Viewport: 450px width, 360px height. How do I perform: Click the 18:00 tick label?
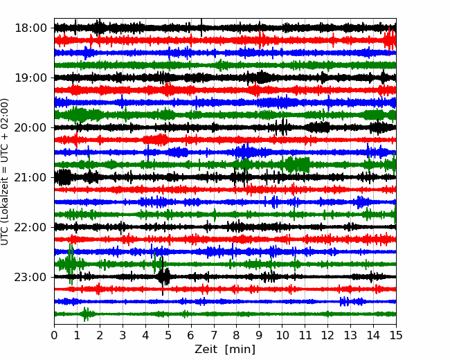(x=30, y=28)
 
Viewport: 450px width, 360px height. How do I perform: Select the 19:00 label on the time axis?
(x=30, y=78)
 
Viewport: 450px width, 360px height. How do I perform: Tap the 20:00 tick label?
(x=30, y=127)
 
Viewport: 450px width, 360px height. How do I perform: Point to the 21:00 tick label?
(x=30, y=177)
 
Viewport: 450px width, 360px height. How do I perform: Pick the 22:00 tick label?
(x=30, y=227)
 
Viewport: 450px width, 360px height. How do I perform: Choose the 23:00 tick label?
(x=30, y=277)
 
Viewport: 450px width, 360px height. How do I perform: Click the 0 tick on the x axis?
(x=54, y=335)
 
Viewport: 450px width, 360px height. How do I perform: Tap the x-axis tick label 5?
(x=168, y=335)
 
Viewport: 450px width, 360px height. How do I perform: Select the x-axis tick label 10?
(x=282, y=335)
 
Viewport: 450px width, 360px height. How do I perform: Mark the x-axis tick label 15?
(x=396, y=335)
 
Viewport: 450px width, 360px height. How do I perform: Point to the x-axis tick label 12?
(x=327, y=335)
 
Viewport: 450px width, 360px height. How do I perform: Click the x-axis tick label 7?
(x=214, y=335)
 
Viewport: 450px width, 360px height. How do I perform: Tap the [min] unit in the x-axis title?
(x=240, y=350)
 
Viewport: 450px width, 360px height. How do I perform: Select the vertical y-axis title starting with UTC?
(x=4, y=172)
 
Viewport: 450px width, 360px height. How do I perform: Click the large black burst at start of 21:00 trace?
(x=63, y=177)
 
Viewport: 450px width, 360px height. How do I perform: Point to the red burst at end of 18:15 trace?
(x=390, y=40)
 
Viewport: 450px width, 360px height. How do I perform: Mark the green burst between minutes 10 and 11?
(x=297, y=165)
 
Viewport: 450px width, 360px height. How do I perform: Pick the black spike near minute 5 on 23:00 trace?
(x=163, y=276)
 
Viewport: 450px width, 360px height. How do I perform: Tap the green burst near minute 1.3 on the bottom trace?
(x=86, y=314)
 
